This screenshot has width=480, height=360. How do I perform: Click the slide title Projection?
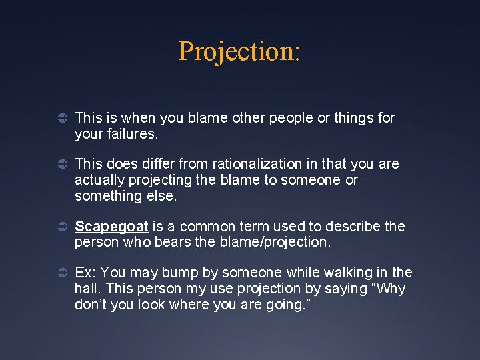pyautogui.click(x=239, y=51)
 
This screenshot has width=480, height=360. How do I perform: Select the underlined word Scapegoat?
pyautogui.click(x=111, y=227)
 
